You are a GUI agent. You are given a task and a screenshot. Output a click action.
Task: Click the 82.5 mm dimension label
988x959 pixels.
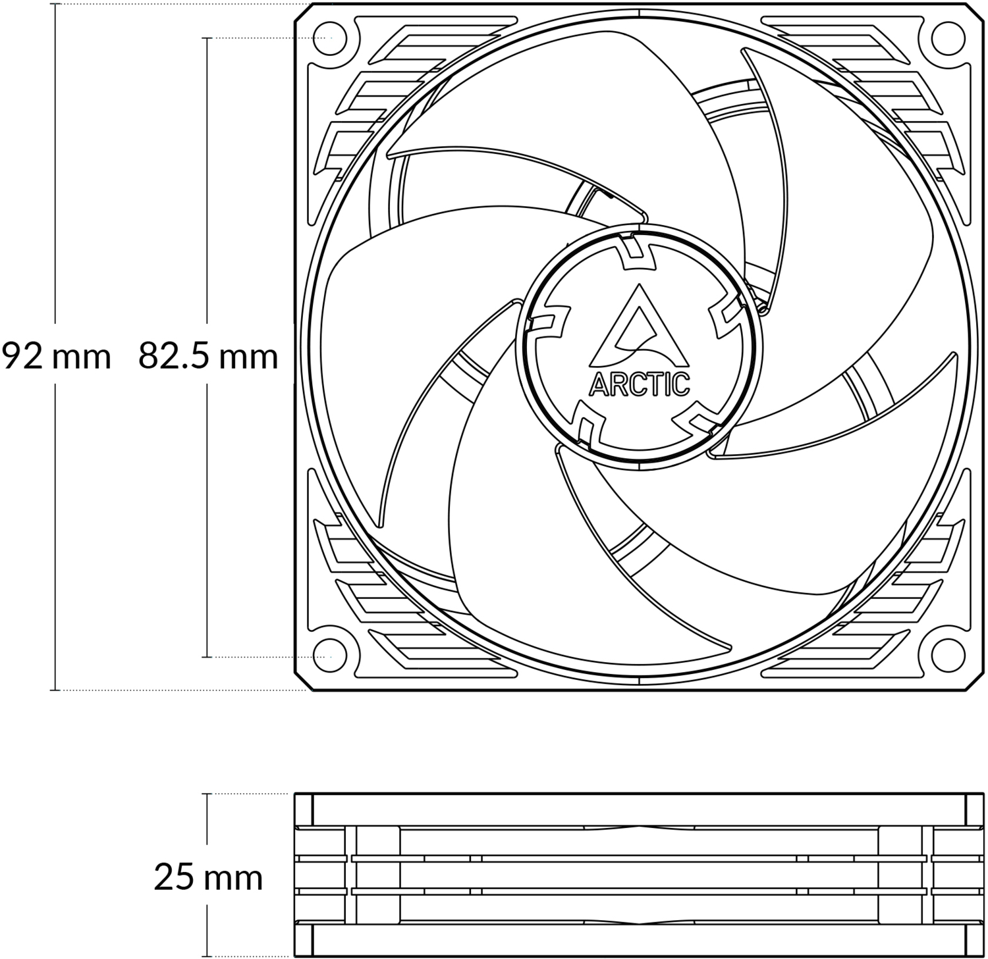click(x=208, y=357)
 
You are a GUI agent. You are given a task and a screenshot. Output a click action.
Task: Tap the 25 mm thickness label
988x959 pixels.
click(x=208, y=877)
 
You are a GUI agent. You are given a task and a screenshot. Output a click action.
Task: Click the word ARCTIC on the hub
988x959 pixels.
click(x=640, y=384)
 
